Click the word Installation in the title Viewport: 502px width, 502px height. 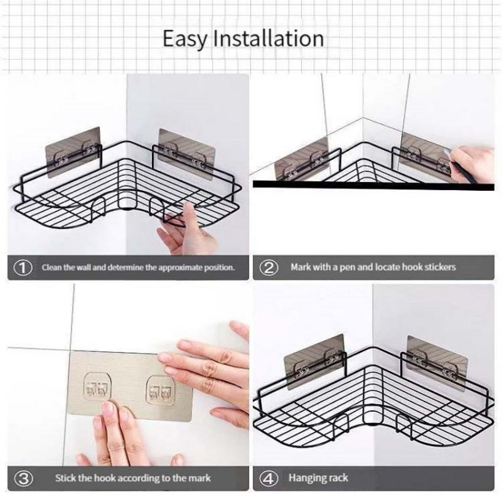(269, 38)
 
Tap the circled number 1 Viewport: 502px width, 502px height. (23, 267)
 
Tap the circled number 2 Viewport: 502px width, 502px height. (269, 267)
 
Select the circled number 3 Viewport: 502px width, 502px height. (23, 478)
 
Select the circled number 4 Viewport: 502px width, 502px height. (269, 478)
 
